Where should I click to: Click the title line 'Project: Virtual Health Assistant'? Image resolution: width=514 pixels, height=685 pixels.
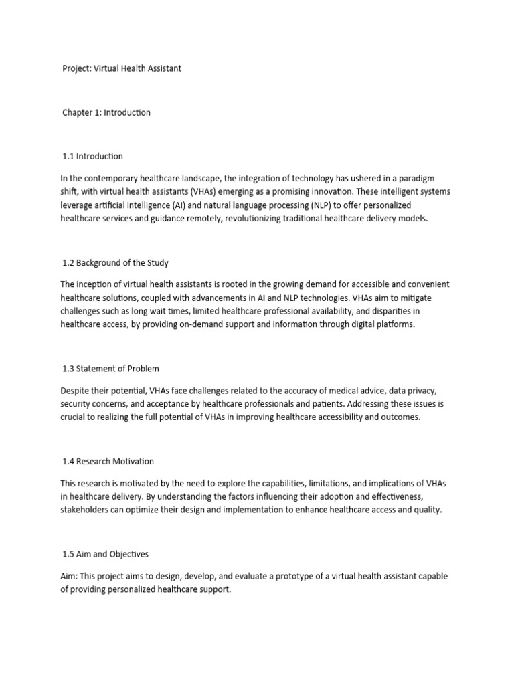tap(122, 69)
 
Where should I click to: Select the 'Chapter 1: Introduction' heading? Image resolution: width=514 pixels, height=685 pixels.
tap(106, 112)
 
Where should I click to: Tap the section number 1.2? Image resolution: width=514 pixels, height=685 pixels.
tap(69, 262)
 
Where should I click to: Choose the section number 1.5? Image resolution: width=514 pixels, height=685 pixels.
tap(69, 553)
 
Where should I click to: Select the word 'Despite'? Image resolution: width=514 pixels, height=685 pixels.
tap(75, 389)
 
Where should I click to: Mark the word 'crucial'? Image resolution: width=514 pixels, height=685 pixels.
tap(74, 417)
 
